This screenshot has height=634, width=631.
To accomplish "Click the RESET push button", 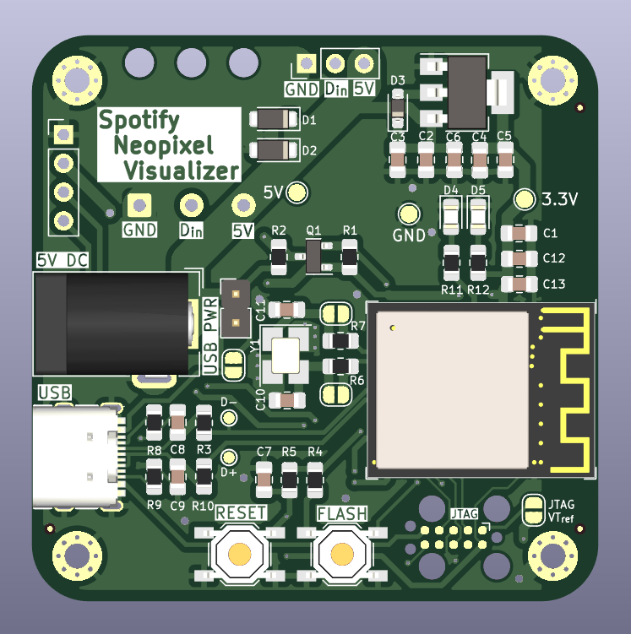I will pos(240,554).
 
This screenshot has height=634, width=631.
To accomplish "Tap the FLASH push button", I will pos(341,554).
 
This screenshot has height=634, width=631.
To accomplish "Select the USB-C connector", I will pos(76,456).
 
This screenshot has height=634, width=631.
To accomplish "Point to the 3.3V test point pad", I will pos(525,199).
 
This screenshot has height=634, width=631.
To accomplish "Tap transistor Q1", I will pos(313,257).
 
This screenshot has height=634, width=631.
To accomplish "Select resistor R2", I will pos(279,257).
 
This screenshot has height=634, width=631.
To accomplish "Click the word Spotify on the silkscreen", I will pos(139,121).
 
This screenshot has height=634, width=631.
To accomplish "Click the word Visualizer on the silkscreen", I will pos(181,171).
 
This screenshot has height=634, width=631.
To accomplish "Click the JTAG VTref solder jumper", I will pos(533,509).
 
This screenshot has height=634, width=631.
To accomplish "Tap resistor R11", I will pos(452,263).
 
